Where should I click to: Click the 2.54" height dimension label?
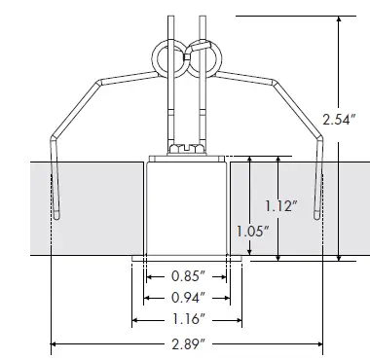tap(337, 120)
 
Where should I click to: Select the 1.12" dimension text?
tap(281, 206)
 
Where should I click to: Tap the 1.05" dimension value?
tap(253, 232)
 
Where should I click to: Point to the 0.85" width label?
tap(189, 276)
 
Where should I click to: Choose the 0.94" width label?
tap(189, 298)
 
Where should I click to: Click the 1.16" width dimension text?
tap(189, 319)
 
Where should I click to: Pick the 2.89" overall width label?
tap(189, 343)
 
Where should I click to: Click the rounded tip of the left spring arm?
tap(56, 216)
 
